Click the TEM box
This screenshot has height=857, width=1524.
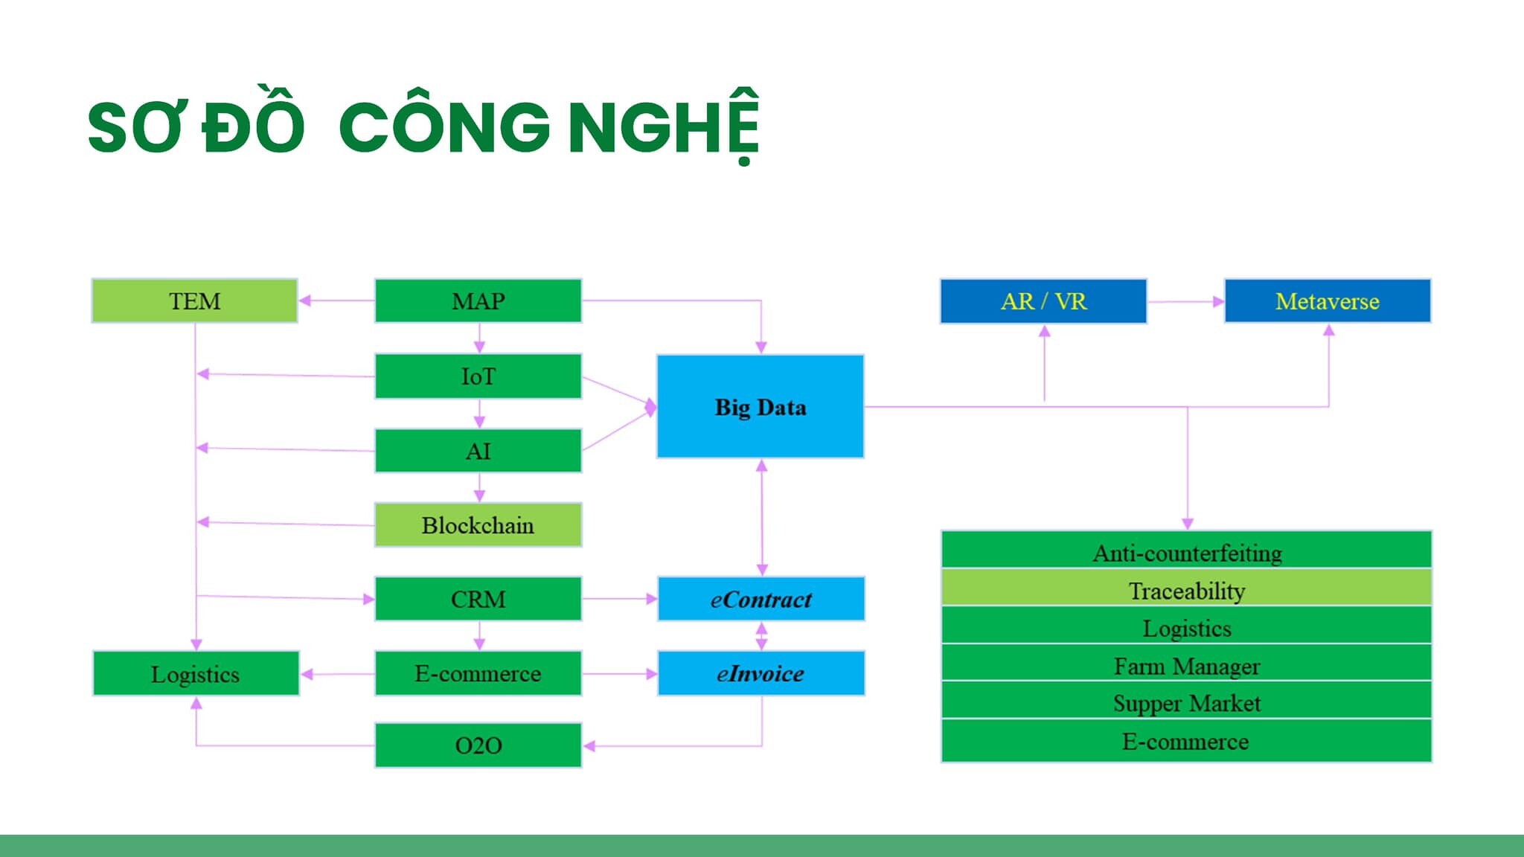click(194, 301)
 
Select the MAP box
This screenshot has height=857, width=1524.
click(478, 301)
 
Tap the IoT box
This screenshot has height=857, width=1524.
click(478, 376)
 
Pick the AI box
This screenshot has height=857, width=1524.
click(478, 451)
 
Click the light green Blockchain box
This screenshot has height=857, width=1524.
click(478, 525)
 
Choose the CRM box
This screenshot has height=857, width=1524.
click(478, 599)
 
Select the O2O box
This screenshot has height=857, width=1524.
click(478, 745)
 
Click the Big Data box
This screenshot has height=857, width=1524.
click(760, 407)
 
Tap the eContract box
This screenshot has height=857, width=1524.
click(761, 599)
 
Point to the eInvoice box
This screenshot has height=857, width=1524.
click(761, 673)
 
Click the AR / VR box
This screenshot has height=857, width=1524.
click(1043, 301)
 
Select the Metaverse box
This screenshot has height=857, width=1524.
click(1327, 301)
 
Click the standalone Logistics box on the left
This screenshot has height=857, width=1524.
click(195, 674)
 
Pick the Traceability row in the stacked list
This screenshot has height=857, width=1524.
click(1186, 591)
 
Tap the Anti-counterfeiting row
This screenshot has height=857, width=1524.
click(1186, 552)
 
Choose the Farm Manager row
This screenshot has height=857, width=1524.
click(1186, 665)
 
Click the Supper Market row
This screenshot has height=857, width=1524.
click(1186, 703)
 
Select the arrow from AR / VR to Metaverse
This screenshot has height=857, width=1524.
click(1185, 301)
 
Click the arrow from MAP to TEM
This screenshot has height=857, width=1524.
click(336, 301)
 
